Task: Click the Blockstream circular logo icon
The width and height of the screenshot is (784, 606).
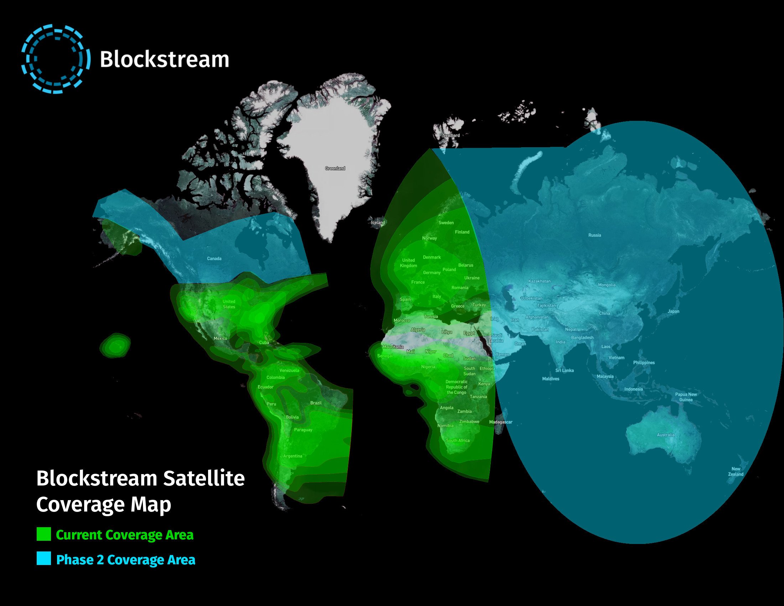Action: [x=56, y=59]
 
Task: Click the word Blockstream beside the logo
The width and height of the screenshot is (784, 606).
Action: [x=164, y=59]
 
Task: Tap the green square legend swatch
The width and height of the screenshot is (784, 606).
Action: [x=44, y=534]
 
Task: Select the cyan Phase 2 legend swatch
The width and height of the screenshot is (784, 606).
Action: [x=44, y=559]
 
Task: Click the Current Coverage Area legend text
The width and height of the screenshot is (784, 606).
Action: [x=125, y=535]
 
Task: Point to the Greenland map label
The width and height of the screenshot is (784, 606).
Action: [x=335, y=168]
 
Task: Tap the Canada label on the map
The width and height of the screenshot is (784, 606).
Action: [x=214, y=258]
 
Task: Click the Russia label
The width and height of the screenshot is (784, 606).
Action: [x=594, y=235]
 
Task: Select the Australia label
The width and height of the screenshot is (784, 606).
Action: [x=666, y=435]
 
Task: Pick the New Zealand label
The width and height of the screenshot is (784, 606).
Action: [x=736, y=471]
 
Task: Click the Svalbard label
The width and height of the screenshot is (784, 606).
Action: [x=451, y=135]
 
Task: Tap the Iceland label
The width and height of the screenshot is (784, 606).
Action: [x=378, y=222]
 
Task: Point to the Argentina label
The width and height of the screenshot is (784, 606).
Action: [x=293, y=456]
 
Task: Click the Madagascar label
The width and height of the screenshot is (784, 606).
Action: [x=500, y=422]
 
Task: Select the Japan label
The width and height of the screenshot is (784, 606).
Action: [x=674, y=311]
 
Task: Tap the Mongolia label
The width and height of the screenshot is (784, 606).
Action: [x=607, y=285]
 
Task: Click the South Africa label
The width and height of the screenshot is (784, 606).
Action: [x=458, y=441]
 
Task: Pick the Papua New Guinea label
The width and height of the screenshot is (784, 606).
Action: [x=686, y=397]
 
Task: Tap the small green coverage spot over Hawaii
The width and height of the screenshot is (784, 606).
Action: [x=115, y=345]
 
